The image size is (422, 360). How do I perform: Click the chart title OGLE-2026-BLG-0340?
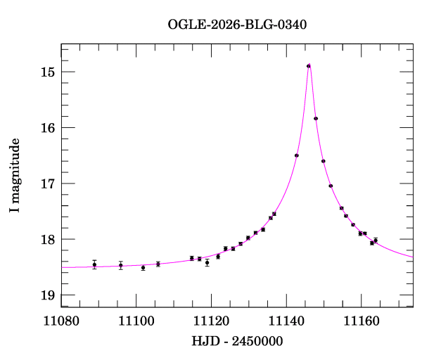[237, 25]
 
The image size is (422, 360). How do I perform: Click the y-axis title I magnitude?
[15, 175]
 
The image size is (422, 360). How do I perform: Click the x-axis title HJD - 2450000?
[237, 341]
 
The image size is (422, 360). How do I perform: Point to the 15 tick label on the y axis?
[48, 72]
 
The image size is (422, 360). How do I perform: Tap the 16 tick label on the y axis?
[48, 127]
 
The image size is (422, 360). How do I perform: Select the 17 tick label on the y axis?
[48, 184]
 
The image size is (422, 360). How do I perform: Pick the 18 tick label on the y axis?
[48, 239]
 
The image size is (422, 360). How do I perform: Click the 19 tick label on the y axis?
[48, 295]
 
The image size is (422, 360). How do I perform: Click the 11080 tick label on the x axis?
[61, 321]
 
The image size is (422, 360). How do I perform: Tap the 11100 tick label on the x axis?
[136, 321]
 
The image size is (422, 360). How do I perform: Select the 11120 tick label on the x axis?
[212, 321]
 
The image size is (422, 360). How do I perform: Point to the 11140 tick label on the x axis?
[287, 321]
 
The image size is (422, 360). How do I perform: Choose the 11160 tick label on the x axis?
[362, 321]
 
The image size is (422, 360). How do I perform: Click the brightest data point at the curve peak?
[309, 66]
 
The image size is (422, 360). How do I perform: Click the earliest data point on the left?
[94, 265]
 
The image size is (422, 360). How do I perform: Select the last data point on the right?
[376, 240]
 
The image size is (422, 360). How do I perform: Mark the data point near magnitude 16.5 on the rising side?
[297, 155]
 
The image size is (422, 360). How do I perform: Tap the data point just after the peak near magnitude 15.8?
[316, 119]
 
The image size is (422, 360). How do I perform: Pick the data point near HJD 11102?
[143, 268]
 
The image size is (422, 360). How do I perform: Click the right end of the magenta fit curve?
[413, 257]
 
